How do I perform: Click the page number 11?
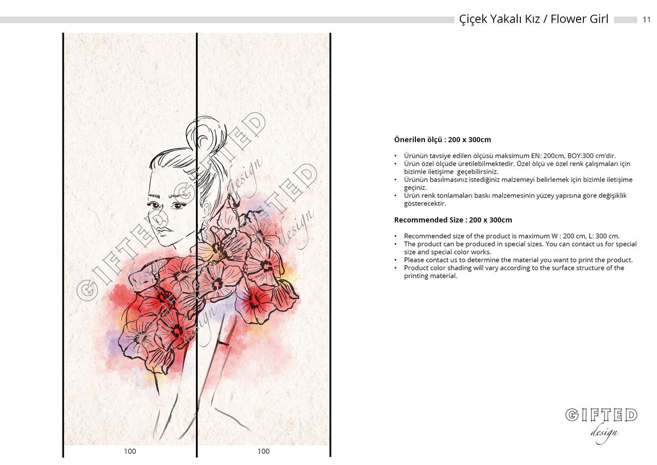(x=646, y=20)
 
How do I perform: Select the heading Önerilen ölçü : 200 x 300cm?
(x=442, y=140)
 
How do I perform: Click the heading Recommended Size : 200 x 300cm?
(x=453, y=220)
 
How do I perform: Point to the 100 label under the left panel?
(x=130, y=451)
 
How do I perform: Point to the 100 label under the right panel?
(x=263, y=451)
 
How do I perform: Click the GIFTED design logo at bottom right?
(x=601, y=425)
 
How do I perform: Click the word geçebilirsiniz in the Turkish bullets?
(x=477, y=172)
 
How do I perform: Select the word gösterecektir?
(x=425, y=204)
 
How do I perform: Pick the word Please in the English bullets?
(x=414, y=260)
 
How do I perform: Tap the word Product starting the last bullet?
(x=416, y=268)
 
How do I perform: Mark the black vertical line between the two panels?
(x=197, y=245)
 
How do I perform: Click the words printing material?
(x=431, y=276)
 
